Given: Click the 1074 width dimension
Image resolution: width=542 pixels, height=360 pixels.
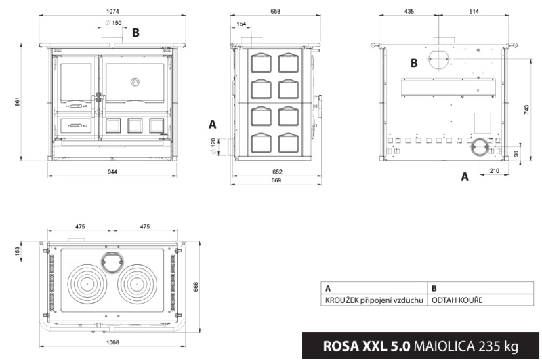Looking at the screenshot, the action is click(x=112, y=11).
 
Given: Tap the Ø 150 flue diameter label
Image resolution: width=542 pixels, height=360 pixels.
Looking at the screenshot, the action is click(x=113, y=23).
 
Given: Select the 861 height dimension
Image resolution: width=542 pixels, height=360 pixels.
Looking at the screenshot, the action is click(x=18, y=101).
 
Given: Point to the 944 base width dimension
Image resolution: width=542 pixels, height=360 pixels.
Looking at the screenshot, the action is click(x=112, y=172).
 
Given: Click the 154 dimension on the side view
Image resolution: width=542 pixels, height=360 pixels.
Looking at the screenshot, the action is click(x=241, y=24).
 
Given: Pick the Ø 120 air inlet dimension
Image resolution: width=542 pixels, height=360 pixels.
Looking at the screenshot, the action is click(x=213, y=146).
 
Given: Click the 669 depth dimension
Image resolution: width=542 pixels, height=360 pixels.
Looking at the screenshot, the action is click(x=276, y=180).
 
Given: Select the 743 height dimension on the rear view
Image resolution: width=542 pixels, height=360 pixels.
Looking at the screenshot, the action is click(x=526, y=110).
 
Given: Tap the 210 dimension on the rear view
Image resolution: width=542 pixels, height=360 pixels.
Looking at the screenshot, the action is click(x=495, y=170).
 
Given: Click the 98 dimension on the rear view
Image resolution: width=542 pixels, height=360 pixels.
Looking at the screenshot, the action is click(x=516, y=153).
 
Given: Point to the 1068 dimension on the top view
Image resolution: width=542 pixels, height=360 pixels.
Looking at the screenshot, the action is click(x=112, y=342).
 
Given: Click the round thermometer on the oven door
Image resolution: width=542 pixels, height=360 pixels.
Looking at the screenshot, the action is click(x=135, y=82).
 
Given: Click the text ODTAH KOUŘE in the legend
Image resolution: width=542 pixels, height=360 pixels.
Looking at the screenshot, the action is click(x=457, y=300).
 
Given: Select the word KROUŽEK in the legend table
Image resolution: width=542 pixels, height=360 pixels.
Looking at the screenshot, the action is click(x=341, y=300).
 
